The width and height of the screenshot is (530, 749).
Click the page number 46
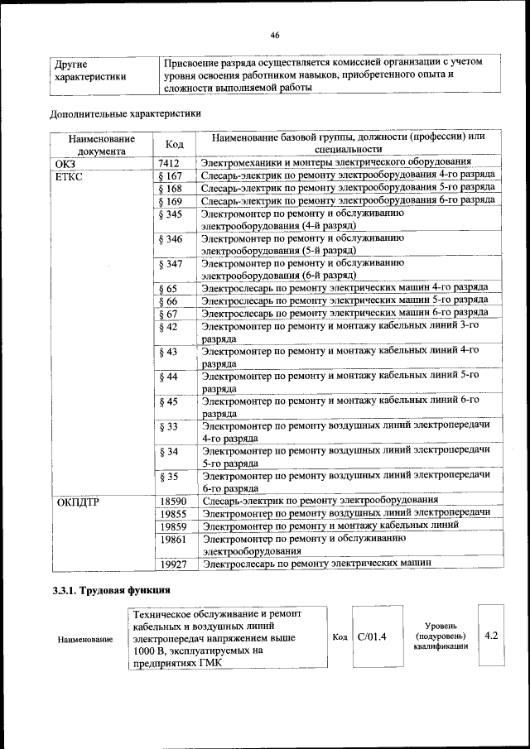coord(274,34)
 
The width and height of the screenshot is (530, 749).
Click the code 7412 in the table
coord(169,163)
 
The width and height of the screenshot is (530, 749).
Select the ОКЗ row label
coord(65,163)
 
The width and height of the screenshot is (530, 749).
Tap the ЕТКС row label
coord(70,175)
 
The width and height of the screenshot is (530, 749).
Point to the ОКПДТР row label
coord(78,501)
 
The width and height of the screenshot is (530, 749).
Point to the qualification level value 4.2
coord(490,636)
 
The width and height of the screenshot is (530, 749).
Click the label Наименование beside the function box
coord(85,640)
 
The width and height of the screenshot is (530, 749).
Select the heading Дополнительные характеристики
coord(125,113)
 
